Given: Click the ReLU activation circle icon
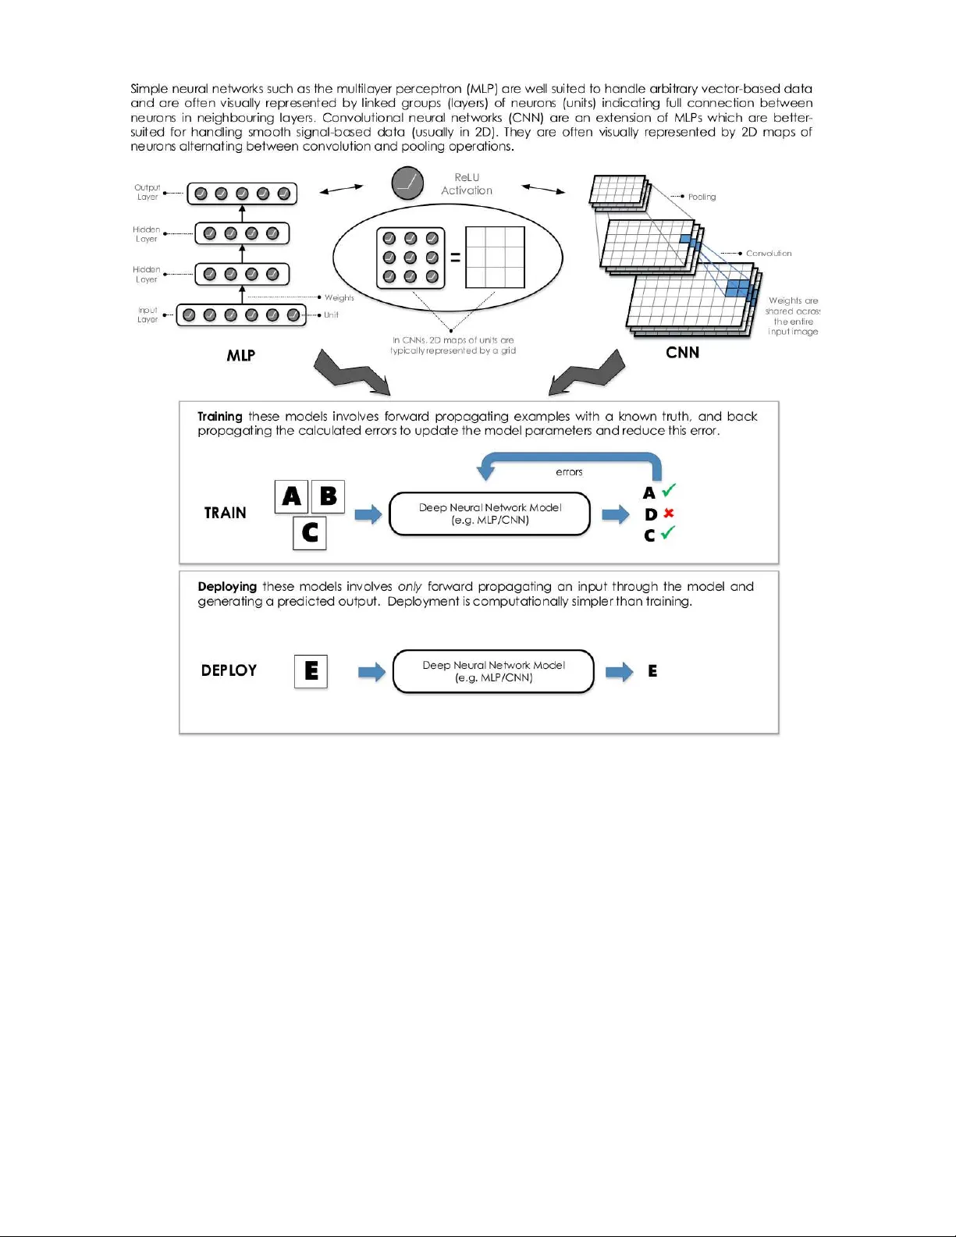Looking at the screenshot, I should (407, 183).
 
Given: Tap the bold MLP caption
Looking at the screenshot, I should (240, 356).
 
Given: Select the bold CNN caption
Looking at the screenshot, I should (682, 353).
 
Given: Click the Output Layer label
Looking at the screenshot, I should (147, 192).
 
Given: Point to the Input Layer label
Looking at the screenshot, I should (147, 315).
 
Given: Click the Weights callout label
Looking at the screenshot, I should (339, 297).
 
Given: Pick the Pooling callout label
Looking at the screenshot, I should (702, 197).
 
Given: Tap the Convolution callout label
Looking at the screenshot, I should (769, 253).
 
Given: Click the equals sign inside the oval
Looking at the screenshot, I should (455, 258).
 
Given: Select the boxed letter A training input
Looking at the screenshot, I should (291, 496).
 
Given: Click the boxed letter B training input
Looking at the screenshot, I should (329, 496).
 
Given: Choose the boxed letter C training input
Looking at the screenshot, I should (310, 533).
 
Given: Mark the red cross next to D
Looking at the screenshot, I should (669, 514).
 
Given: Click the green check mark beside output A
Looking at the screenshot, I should (669, 491).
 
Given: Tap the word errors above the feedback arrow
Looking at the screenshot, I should (569, 472).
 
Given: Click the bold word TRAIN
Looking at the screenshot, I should (225, 513).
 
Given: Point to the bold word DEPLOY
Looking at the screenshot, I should (229, 670).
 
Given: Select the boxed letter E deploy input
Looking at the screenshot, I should (311, 671).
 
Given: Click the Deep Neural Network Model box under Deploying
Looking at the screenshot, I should (493, 671).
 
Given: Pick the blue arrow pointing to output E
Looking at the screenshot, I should (619, 672).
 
